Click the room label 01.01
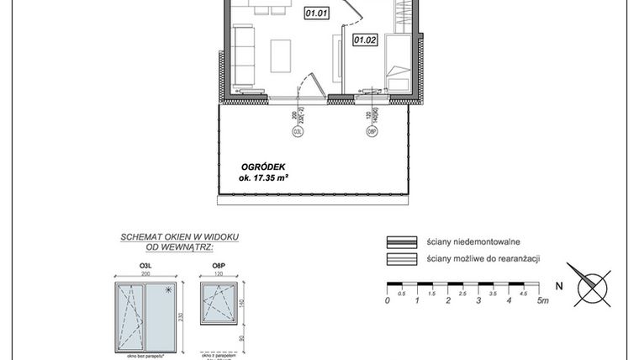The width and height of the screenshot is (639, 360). (x=315, y=13)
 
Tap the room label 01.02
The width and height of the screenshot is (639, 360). (x=364, y=39)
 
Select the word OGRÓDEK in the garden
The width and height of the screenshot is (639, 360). (x=258, y=167)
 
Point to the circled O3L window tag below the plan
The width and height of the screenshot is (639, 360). (x=297, y=130)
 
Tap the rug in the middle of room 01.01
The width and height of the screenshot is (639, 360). (x=280, y=56)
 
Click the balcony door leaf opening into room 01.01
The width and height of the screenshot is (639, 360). (x=310, y=85)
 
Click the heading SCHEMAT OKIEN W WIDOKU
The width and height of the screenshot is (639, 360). (x=179, y=238)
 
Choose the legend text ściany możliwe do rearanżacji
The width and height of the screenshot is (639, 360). (x=483, y=258)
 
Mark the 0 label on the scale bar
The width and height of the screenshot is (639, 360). (x=388, y=299)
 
